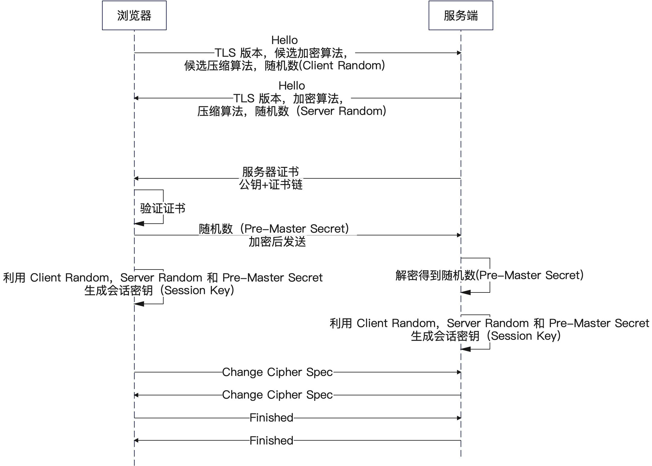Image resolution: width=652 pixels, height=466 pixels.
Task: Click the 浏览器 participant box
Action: tap(134, 15)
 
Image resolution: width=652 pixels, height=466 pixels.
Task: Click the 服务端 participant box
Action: tap(461, 15)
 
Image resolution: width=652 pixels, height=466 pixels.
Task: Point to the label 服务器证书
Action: tap(270, 172)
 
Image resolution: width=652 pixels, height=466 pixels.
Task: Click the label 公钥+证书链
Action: tap(271, 185)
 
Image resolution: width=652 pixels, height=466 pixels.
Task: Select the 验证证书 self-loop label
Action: tap(163, 208)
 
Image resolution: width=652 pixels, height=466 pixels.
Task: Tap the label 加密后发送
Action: tap(277, 242)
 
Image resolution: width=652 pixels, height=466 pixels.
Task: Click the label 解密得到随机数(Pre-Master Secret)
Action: tap(489, 275)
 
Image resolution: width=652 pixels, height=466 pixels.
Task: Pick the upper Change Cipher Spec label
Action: tap(277, 372)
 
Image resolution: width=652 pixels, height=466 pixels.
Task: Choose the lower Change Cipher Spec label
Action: tap(277, 395)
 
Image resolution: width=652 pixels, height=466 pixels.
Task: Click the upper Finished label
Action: tap(271, 418)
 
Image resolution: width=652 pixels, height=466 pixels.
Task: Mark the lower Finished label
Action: tap(271, 440)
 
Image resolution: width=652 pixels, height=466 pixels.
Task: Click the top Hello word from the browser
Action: tap(285, 40)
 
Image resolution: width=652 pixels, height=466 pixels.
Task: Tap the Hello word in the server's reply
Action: tap(292, 85)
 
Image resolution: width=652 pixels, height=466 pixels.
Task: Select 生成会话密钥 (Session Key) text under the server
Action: tap(489, 336)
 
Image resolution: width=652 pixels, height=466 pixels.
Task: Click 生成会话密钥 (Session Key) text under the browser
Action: tap(163, 290)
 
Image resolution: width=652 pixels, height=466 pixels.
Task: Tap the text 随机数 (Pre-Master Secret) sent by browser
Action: tap(277, 229)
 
